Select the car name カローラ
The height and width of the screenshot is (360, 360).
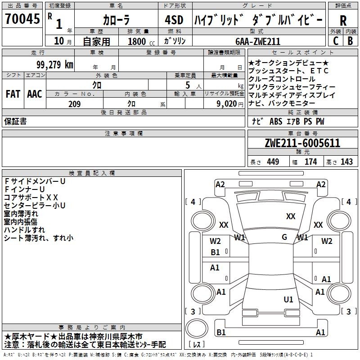click(x=116, y=20)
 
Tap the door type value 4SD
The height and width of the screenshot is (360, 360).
click(x=174, y=20)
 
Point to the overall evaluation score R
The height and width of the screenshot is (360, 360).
click(x=343, y=20)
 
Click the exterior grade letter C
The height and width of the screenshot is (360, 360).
click(x=336, y=40)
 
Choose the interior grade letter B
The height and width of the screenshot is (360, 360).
click(x=350, y=40)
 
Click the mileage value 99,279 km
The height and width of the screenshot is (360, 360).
click(x=54, y=64)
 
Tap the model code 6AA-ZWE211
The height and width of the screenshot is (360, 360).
click(x=258, y=41)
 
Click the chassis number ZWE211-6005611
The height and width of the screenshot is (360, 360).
click(x=302, y=143)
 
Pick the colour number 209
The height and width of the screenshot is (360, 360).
click(x=74, y=104)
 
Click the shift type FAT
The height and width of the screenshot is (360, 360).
click(x=13, y=94)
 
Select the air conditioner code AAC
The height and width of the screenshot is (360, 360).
click(x=35, y=94)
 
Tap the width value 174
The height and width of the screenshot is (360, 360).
click(x=310, y=162)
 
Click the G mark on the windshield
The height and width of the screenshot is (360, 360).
click(x=284, y=237)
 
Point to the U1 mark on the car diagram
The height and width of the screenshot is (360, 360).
click(x=288, y=299)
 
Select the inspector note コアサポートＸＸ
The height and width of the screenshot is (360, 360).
click(x=31, y=197)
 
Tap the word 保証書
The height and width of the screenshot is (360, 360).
click(x=15, y=121)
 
